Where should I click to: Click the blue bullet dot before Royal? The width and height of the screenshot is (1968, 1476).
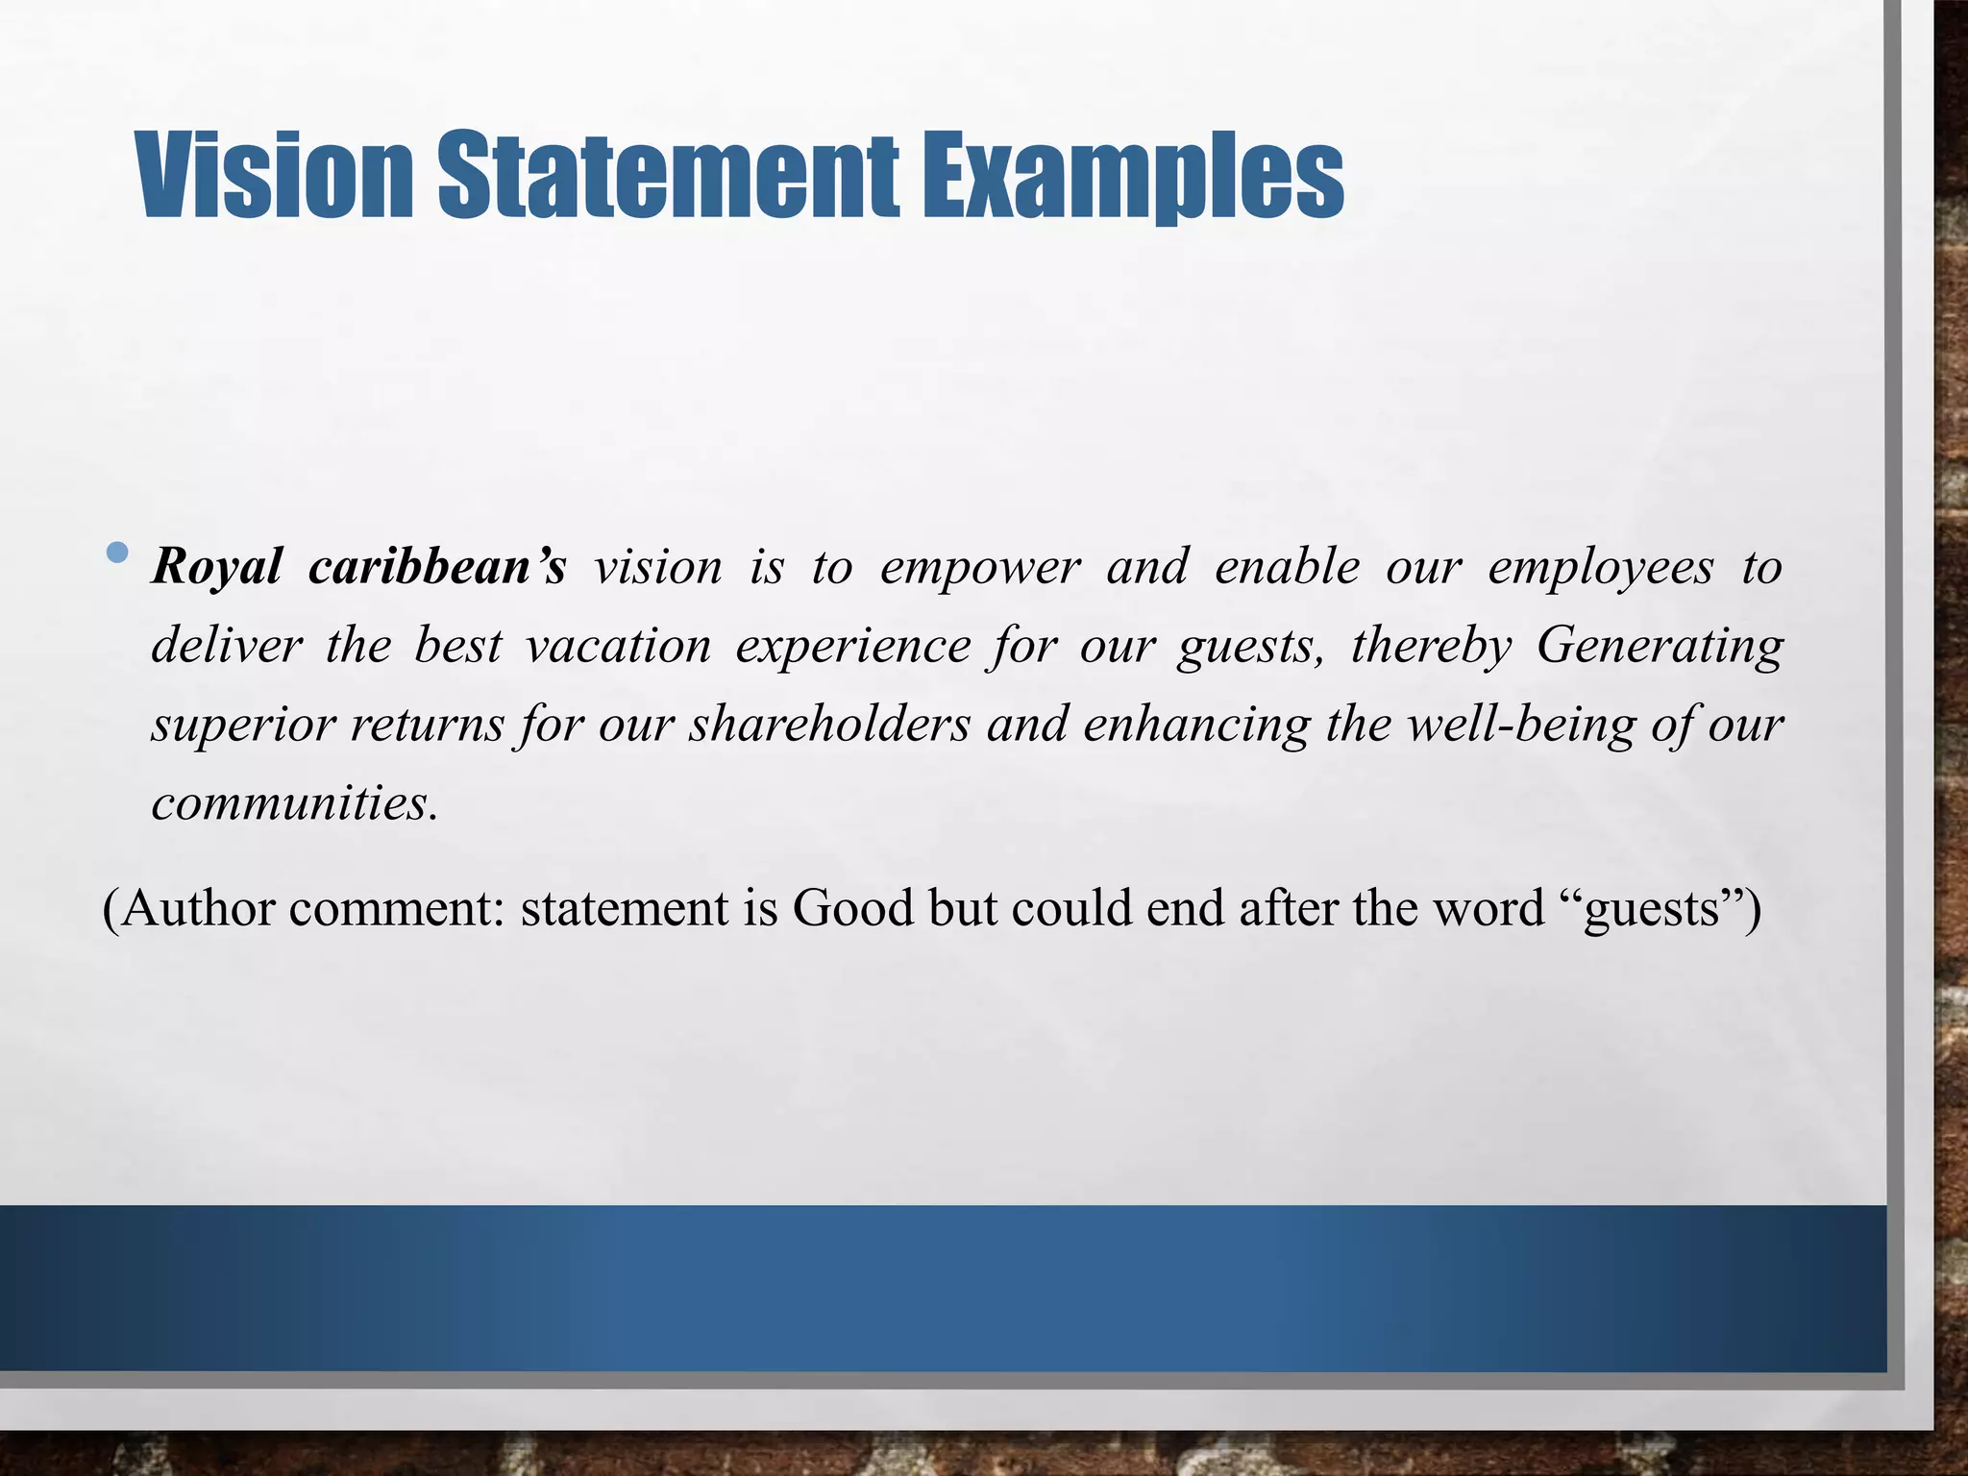click(117, 553)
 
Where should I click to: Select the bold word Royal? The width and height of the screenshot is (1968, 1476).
click(216, 567)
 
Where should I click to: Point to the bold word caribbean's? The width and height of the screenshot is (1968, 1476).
click(437, 567)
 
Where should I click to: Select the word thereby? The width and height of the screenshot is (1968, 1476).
click(1431, 646)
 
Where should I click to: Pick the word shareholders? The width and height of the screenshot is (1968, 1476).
click(829, 725)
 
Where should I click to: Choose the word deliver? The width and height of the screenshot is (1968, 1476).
click(227, 646)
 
